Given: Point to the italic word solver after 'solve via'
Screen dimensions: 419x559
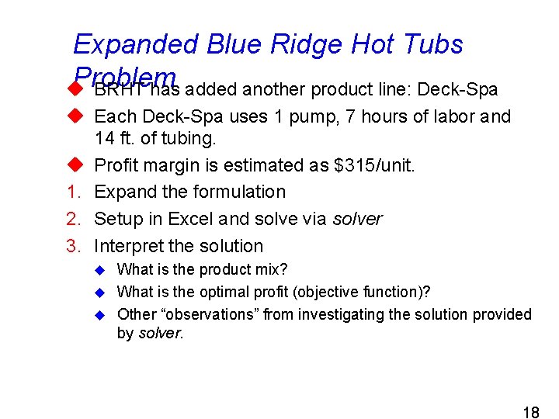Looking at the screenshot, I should coord(357,219).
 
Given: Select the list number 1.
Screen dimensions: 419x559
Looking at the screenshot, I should coord(72,192).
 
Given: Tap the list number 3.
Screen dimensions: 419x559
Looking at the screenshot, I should coord(72,246).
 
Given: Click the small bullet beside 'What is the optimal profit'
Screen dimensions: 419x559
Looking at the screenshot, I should coord(99,293).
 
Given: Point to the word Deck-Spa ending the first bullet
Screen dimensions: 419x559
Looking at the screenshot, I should coord(457,90).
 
